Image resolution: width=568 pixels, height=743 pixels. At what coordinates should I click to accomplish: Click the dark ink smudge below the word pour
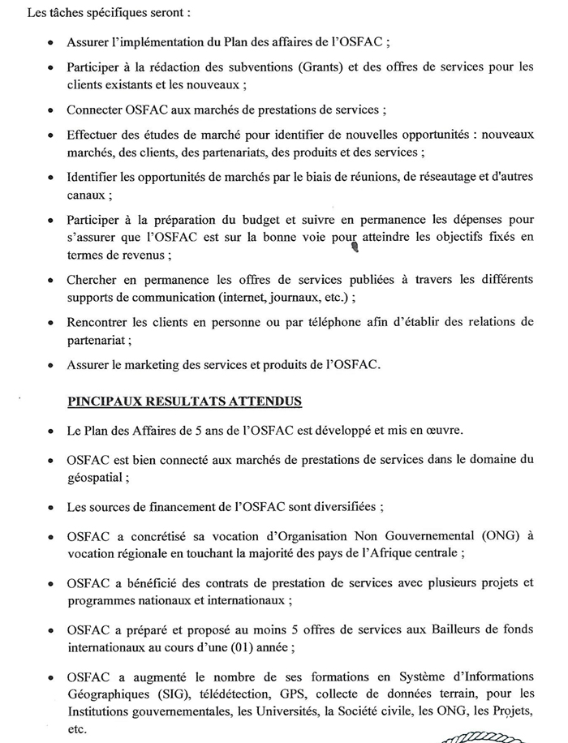(x=354, y=249)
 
